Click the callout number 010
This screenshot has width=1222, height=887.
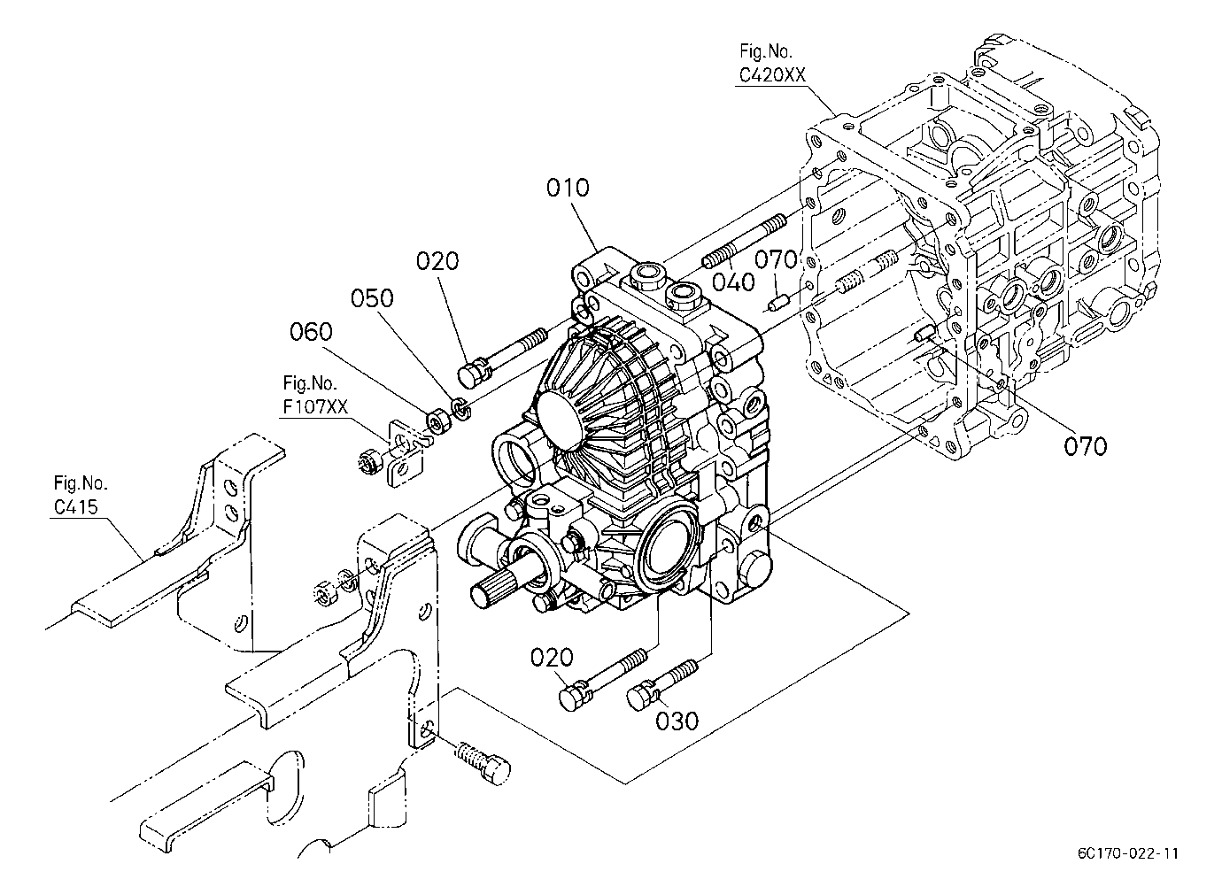coord(568,189)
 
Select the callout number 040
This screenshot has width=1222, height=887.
coord(734,282)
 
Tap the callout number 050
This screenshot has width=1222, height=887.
coord(372,298)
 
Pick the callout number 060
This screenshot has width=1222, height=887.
coord(311,332)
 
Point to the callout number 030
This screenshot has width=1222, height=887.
coord(677,721)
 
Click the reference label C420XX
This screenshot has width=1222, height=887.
coord(772,74)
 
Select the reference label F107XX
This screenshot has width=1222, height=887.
coord(315,407)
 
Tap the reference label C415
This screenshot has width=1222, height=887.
coord(76,506)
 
